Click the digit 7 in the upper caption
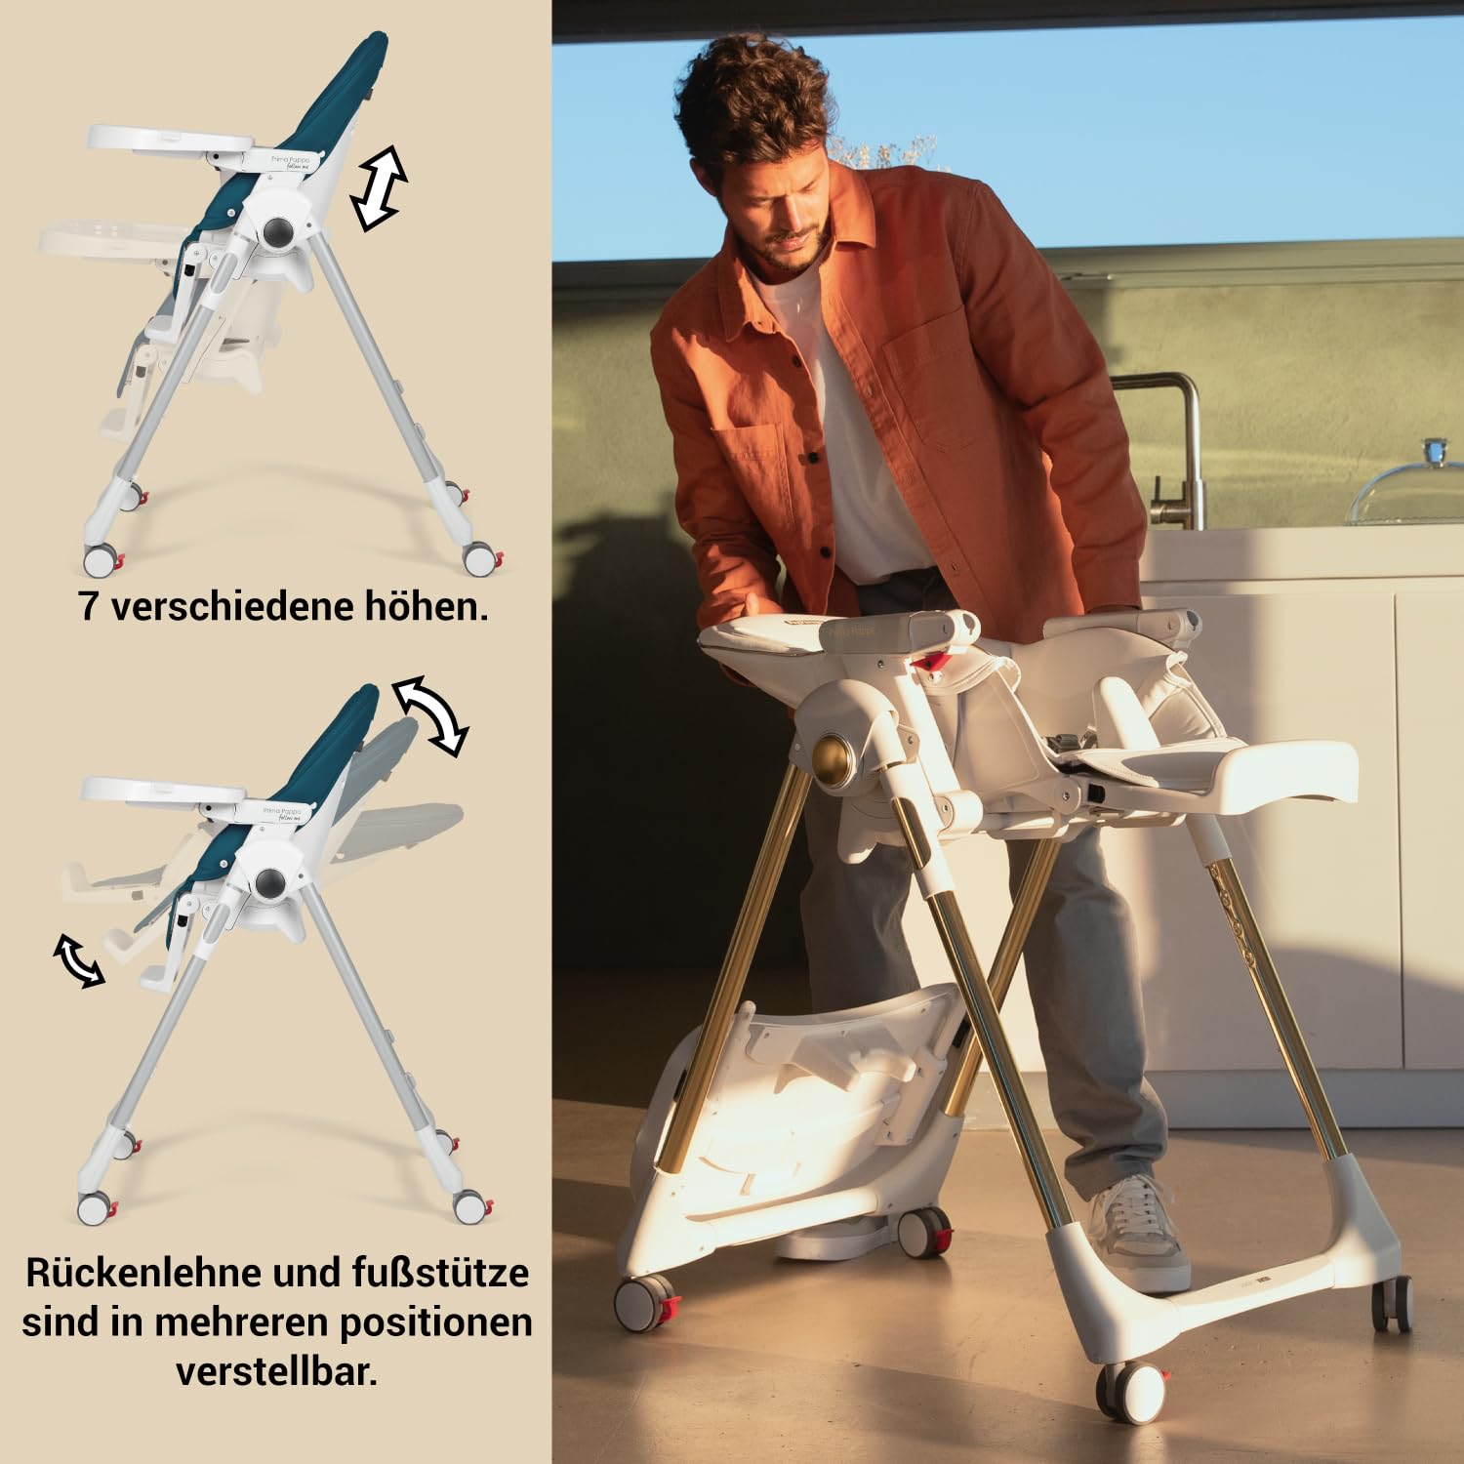[x=89, y=607]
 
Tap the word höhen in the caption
[x=427, y=607]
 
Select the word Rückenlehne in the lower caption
[x=143, y=1273]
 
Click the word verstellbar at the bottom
[x=276, y=1371]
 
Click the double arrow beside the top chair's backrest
[x=379, y=188]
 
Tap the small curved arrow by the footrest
[x=79, y=960]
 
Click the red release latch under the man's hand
[x=931, y=661]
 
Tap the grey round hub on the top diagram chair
[x=276, y=231]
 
